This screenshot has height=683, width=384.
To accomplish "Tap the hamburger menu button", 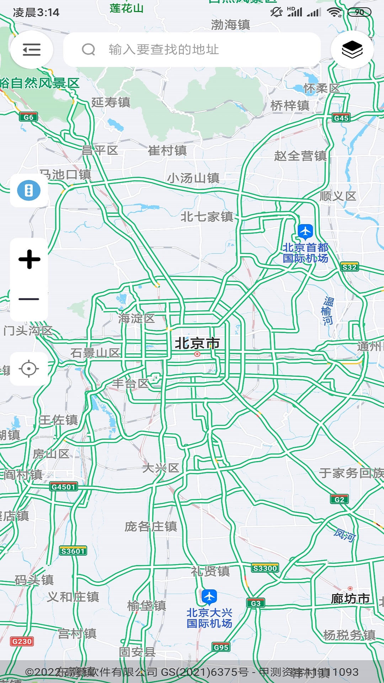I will [31, 49].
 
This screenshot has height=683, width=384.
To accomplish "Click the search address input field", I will [192, 49].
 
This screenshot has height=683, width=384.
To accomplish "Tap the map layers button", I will [352, 49].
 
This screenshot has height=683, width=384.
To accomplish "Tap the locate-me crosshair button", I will [29, 369].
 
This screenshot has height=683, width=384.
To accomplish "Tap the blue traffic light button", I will [29, 190].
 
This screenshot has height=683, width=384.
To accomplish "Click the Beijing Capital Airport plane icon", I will [305, 232].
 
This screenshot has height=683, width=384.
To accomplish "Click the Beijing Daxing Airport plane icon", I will [209, 597].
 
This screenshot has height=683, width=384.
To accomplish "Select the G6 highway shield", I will [28, 117].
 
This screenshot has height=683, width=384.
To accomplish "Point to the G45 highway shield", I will [341, 118].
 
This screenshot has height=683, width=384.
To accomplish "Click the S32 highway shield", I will [349, 267].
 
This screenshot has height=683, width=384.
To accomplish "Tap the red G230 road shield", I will [22, 641].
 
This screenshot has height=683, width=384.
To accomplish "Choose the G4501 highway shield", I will [63, 487].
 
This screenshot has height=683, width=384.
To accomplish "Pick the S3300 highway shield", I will [265, 568].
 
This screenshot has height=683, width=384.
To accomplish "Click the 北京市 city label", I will [197, 343].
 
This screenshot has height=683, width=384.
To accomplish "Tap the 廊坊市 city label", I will [350, 598].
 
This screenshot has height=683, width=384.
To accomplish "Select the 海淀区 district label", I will [137, 318].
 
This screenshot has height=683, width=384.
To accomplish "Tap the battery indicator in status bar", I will [359, 12].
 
